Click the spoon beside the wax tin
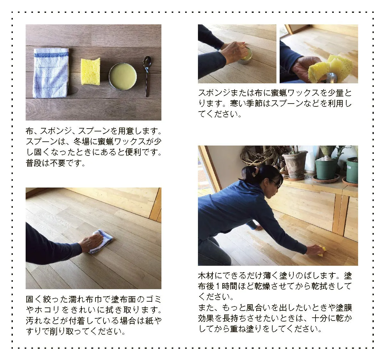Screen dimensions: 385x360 point(147,76)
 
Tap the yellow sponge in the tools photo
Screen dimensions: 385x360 point(91,71)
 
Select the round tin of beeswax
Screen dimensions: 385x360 point(123,77)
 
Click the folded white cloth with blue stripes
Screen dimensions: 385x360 point(51,73)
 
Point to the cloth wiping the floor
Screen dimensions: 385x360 point(100,241)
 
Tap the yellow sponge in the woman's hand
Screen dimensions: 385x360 point(322,251)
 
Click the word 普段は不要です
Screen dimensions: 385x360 point(55,163)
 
